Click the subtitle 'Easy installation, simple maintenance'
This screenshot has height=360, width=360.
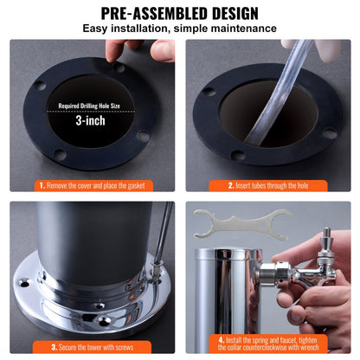coord(179,29)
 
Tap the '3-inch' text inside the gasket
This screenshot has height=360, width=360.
coord(90,122)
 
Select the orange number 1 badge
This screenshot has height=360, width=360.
coord(41,185)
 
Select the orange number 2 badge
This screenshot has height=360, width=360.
coord(231,185)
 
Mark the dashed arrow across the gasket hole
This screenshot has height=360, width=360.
coord(90,113)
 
